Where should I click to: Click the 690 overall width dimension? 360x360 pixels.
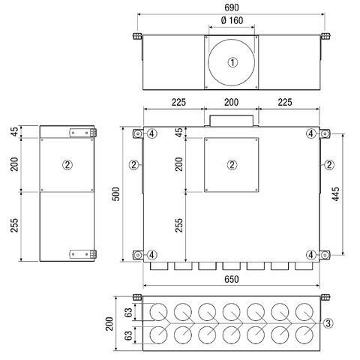[232, 7]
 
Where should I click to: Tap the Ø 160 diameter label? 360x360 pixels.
[232, 20]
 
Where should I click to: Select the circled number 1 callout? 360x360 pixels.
[232, 62]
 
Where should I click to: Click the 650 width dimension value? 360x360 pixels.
[232, 279]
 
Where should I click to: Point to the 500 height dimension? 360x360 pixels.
[116, 194]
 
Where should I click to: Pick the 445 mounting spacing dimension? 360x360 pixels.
[336, 194]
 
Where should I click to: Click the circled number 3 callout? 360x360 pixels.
[328, 323]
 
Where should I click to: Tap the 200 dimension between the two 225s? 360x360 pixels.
[231, 102]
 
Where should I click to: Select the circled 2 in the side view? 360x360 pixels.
[67, 165]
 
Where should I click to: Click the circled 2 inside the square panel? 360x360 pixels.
[232, 165]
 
